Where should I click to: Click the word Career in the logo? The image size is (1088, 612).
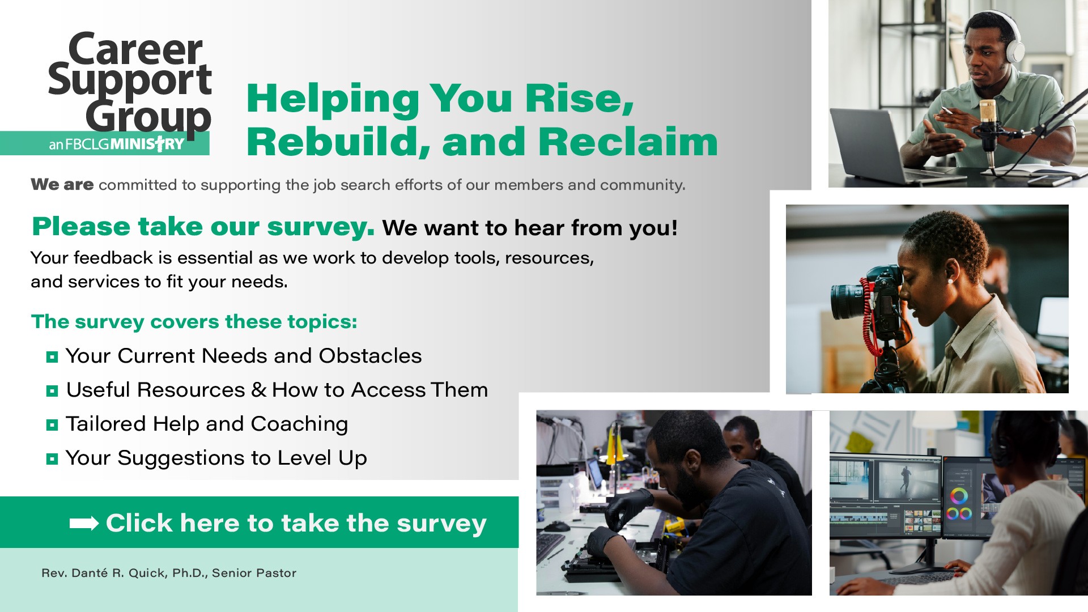pyautogui.click(x=135, y=49)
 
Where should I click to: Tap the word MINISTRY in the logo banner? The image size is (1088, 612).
pyautogui.click(x=147, y=144)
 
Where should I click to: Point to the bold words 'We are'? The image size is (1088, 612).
pyautogui.click(x=62, y=185)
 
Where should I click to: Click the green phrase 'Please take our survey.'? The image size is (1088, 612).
pyautogui.click(x=203, y=227)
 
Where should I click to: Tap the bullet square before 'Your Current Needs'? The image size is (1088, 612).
pyautogui.click(x=52, y=356)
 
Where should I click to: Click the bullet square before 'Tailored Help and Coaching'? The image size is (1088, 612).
pyautogui.click(x=52, y=424)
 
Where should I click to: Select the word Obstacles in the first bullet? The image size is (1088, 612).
pyautogui.click(x=370, y=356)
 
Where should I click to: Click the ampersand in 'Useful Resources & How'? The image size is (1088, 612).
pyautogui.click(x=259, y=390)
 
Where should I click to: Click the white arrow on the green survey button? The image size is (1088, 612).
pyautogui.click(x=84, y=523)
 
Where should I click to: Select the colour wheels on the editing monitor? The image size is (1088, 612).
pyautogui.click(x=959, y=505)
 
